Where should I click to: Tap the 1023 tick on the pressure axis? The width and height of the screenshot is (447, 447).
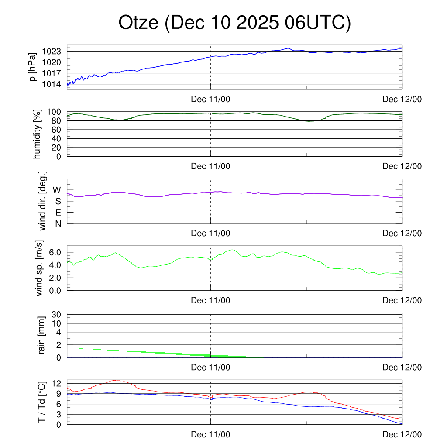point(54,52)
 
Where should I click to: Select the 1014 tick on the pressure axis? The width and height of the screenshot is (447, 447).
point(54,84)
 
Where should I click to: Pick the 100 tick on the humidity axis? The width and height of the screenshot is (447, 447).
point(57,112)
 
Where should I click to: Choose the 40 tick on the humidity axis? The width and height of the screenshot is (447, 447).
point(59,138)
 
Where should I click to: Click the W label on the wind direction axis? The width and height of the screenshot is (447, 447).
point(57,190)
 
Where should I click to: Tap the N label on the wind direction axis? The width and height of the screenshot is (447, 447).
point(58,223)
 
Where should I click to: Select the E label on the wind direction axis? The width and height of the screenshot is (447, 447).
point(58,213)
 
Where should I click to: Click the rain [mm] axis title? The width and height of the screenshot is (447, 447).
point(42,335)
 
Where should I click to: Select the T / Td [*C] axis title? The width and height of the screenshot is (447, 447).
point(41,402)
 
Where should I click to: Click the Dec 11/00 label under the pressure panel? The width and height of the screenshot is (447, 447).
point(210,99)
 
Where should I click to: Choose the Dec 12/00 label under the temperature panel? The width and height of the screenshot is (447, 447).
point(402,434)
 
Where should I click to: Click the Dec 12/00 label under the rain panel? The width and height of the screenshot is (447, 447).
point(402,368)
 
